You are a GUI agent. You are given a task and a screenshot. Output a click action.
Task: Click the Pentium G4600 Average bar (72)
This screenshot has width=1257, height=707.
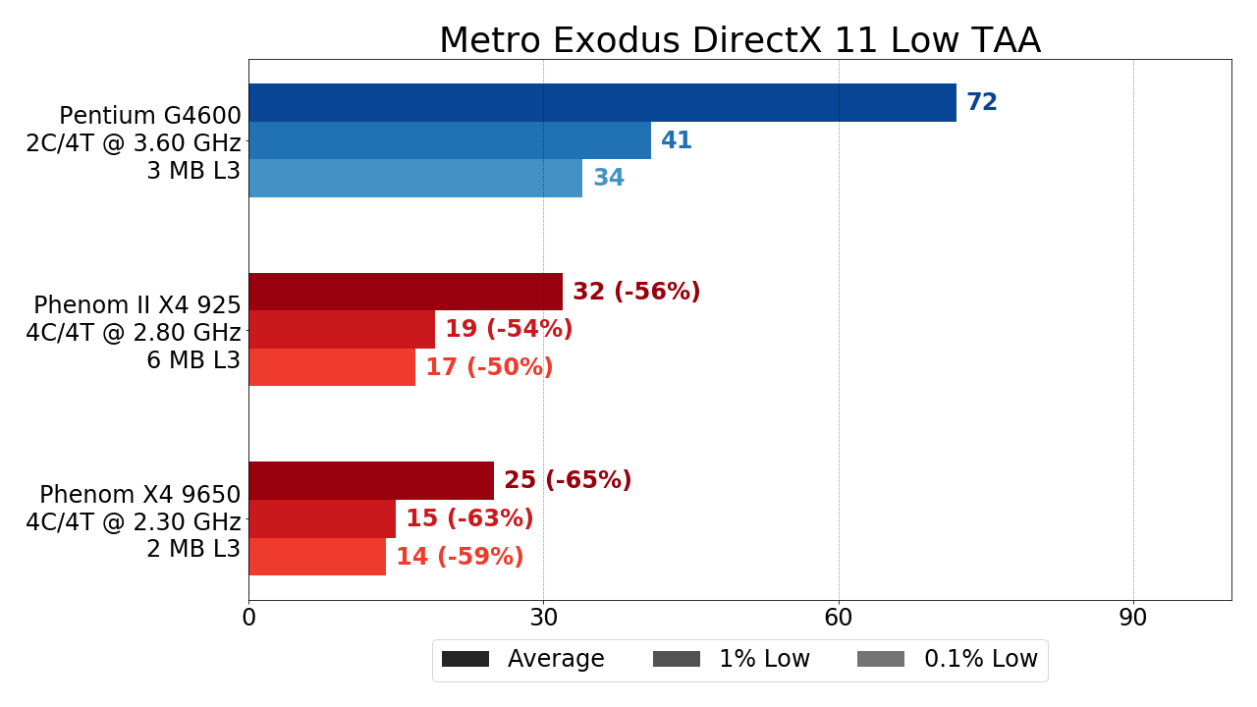(602, 103)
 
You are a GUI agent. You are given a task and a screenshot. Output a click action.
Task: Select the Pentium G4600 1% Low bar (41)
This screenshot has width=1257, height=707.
(450, 140)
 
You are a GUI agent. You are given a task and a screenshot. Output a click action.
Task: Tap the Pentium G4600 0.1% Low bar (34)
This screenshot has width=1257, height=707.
(415, 179)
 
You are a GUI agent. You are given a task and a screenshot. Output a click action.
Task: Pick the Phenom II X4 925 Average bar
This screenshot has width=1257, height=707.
(406, 292)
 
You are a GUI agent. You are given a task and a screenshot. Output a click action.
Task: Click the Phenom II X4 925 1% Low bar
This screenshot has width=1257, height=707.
(342, 330)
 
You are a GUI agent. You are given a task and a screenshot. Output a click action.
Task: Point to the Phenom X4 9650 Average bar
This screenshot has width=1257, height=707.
(371, 481)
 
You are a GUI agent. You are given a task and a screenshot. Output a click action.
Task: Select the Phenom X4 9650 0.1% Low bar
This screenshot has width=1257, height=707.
(317, 557)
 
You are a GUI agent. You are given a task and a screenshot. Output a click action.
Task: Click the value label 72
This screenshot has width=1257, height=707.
(982, 103)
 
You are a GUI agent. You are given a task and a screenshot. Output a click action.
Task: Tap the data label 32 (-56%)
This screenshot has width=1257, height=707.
(636, 293)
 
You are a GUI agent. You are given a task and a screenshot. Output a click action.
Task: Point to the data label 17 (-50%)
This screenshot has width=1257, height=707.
(489, 368)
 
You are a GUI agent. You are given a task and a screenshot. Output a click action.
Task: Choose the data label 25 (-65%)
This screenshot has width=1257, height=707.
(568, 481)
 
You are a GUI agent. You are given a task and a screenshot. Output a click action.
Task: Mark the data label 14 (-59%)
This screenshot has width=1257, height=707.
(460, 558)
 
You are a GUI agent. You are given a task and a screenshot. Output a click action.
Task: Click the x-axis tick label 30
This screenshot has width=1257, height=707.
(544, 619)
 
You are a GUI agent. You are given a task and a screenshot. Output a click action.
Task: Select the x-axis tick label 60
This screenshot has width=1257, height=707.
(839, 619)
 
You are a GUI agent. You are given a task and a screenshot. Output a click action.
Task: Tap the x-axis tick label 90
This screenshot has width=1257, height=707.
(1133, 619)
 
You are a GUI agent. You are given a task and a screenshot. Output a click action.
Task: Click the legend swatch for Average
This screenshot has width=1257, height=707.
(465, 659)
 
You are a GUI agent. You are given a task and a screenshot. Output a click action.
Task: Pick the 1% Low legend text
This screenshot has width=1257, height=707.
(764, 659)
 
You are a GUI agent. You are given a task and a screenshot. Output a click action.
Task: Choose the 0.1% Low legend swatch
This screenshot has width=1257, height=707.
(881, 659)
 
